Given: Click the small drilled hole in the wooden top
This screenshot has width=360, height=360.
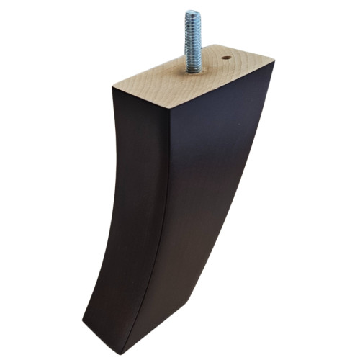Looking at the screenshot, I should pyautogui.click(x=226, y=57).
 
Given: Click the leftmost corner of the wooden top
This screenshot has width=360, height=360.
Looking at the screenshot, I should pyautogui.click(x=113, y=88).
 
